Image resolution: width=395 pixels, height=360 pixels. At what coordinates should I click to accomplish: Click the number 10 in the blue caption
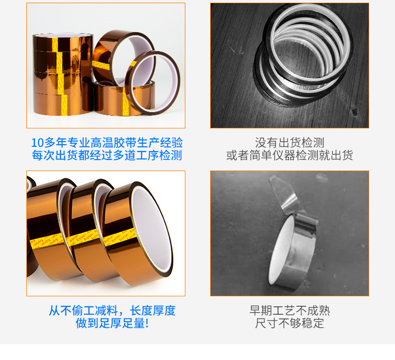(37, 143)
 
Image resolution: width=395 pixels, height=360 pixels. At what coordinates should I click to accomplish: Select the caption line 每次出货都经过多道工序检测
(106, 156)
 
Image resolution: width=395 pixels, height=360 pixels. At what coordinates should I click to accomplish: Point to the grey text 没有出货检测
(289, 143)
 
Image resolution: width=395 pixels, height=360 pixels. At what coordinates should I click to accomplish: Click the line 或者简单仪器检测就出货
(289, 156)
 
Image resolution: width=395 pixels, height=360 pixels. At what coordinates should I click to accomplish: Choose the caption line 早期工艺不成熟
(289, 311)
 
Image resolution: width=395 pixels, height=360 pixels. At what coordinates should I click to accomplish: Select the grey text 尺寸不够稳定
(289, 324)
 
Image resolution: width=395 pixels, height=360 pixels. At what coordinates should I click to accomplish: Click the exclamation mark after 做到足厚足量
(146, 324)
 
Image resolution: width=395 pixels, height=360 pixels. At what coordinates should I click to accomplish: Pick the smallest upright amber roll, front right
(158, 79)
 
